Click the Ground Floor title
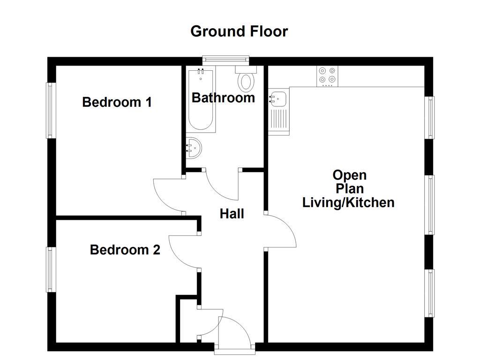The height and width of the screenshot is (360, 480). [x=239, y=31]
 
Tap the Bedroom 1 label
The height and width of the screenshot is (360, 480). [x=117, y=102]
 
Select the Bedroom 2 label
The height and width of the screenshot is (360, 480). [x=125, y=250]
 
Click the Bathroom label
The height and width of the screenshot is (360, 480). [x=223, y=98]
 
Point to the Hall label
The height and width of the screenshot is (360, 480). [x=232, y=214]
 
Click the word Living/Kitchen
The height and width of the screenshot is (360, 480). [x=348, y=202]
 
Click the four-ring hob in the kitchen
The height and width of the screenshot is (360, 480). [x=327, y=75]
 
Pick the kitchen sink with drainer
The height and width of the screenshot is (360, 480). [x=278, y=111]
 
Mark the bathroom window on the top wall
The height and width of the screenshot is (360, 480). [x=225, y=60]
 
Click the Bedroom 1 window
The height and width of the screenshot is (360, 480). [x=50, y=111]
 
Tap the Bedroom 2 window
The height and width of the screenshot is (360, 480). [x=50, y=270]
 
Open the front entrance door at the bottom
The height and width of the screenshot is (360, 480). [x=237, y=334]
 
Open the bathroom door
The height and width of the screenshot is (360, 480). [x=220, y=185]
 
